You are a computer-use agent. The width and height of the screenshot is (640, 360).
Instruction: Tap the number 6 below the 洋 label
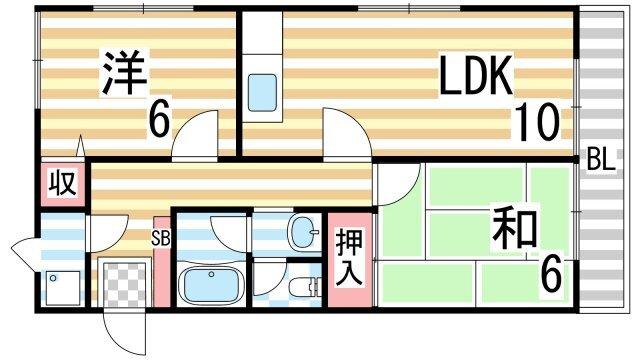pos(157,121)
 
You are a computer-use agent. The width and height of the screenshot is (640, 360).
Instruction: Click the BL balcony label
pos(601,159)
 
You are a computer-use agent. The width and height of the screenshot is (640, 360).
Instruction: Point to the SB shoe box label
pos(160,238)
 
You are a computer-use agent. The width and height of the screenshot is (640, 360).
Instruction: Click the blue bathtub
pos(212,286)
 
